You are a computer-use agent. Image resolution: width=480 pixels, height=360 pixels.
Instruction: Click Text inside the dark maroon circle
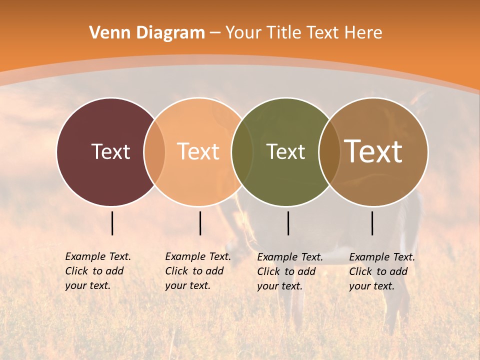click(x=110, y=151)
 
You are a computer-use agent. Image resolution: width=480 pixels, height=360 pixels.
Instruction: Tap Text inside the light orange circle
click(x=198, y=151)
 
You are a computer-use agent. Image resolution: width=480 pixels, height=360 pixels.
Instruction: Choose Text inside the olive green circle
click(x=285, y=151)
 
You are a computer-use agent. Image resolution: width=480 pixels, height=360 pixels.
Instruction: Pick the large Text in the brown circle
click(x=373, y=151)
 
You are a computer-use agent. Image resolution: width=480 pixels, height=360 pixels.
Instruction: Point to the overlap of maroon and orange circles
click(x=154, y=152)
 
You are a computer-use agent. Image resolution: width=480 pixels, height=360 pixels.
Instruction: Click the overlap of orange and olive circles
click(x=242, y=152)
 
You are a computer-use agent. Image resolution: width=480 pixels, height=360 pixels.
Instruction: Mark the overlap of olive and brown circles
click(x=329, y=152)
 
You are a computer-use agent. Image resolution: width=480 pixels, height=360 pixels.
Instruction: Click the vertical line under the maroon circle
click(x=112, y=223)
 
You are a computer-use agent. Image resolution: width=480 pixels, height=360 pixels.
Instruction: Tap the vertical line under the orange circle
click(x=200, y=223)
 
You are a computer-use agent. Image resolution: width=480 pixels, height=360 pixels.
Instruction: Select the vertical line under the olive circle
click(x=288, y=223)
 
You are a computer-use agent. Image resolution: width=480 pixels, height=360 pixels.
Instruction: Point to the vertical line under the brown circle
click(x=372, y=223)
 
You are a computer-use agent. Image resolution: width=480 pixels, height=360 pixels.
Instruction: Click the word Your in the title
click(x=244, y=32)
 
